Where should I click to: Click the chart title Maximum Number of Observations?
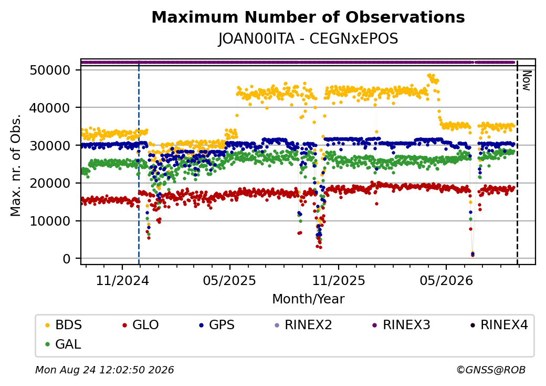click(x=308, y=17)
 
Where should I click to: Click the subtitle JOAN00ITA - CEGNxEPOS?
click(x=308, y=39)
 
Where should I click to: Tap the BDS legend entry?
click(x=64, y=325)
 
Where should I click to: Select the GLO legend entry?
click(x=141, y=325)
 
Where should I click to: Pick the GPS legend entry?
click(x=217, y=325)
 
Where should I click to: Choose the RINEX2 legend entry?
click(x=303, y=325)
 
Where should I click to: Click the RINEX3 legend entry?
click(x=402, y=325)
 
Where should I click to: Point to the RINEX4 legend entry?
click(x=499, y=325)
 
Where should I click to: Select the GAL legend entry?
click(x=64, y=344)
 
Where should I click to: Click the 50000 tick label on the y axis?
click(x=50, y=70)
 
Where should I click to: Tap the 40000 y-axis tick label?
click(x=50, y=108)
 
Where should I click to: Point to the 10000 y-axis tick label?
click(x=50, y=221)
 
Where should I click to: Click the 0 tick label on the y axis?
click(x=67, y=259)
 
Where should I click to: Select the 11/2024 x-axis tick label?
click(x=122, y=281)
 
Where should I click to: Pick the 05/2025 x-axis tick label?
click(x=229, y=281)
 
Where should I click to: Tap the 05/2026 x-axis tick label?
click(x=446, y=281)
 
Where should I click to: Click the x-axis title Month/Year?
click(x=308, y=299)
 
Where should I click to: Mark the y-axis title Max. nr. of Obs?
click(x=16, y=165)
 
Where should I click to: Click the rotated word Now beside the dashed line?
click(x=527, y=81)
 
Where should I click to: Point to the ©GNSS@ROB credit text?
click(x=491, y=370)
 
